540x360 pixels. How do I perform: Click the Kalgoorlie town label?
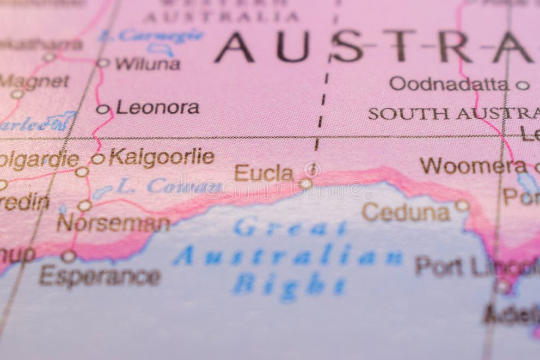(161, 157)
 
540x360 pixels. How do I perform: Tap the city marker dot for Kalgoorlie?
(97, 159)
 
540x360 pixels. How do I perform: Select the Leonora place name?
(157, 107)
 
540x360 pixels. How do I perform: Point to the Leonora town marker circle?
(103, 109)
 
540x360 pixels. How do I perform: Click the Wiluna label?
(147, 64)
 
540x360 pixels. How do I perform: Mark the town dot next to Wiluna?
(103, 63)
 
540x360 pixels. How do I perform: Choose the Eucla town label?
(264, 173)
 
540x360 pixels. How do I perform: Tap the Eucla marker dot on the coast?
(305, 184)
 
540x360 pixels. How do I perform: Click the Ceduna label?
(406, 212)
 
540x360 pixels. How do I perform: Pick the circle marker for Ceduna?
(462, 205)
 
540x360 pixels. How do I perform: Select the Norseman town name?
(113, 223)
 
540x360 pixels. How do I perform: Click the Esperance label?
(100, 276)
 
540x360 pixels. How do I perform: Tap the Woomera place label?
(465, 165)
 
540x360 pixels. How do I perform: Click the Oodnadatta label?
(449, 83)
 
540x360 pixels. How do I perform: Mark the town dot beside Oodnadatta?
(522, 85)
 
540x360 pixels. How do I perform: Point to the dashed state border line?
(323, 98)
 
